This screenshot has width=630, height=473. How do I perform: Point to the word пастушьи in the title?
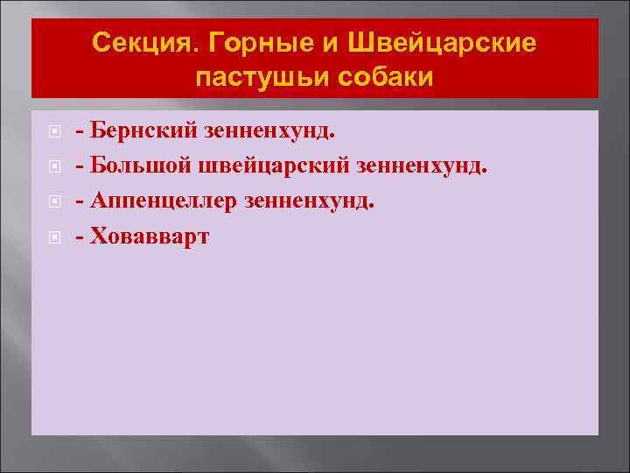[253, 77]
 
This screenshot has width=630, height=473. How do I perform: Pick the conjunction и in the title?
[326, 43]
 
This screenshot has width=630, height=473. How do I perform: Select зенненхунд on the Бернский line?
[269, 131]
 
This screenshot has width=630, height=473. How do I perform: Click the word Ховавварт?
[150, 236]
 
